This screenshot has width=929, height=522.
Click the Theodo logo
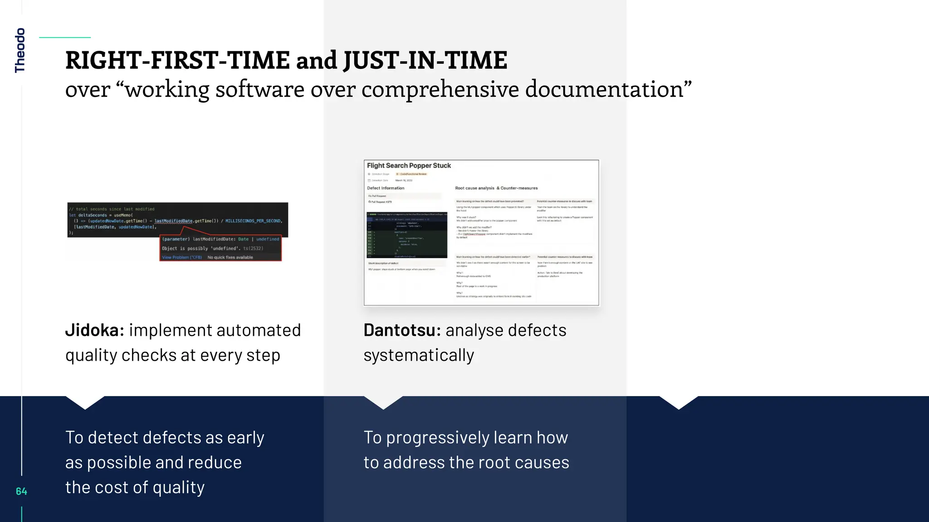coord(20,50)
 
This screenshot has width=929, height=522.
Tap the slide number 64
coord(21,491)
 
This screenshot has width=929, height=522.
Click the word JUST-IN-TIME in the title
coord(425,60)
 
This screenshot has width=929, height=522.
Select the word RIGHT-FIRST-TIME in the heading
coord(177,60)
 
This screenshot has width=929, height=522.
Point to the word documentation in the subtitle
coord(608,89)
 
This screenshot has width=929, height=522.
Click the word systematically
coord(419,355)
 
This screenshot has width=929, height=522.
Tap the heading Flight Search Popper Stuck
coord(409,166)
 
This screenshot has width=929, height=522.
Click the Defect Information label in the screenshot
coord(386,188)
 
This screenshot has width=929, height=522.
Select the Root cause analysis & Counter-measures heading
coord(496,188)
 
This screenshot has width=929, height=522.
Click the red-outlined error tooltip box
coord(220,248)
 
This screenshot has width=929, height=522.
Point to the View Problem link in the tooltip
coord(181,257)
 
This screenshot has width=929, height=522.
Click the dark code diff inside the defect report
coord(406,236)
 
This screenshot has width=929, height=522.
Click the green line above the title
coord(65,38)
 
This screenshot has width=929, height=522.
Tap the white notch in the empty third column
coord(679,402)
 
